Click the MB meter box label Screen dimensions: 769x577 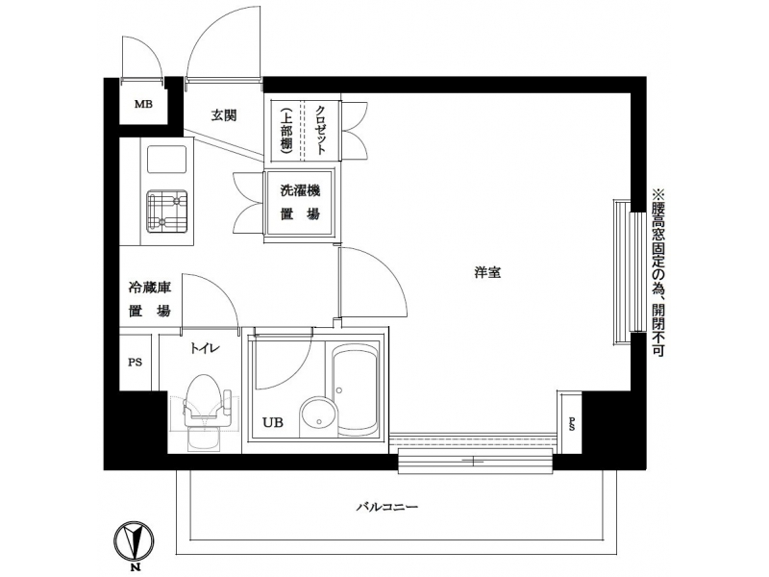click(143, 104)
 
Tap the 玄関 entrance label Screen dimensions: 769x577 click(224, 115)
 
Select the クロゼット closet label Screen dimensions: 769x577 click(321, 130)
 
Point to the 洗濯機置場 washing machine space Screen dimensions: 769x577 click(300, 202)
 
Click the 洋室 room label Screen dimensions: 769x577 click(487, 273)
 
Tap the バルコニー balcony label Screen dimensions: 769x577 click(387, 507)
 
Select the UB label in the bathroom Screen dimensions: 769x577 click(273, 422)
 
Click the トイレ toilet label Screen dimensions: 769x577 click(205, 349)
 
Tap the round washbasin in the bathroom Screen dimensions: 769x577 click(319, 417)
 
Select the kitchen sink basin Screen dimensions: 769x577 click(166, 159)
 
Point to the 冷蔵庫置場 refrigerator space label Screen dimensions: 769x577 click(150, 299)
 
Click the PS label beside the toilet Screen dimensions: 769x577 click(135, 363)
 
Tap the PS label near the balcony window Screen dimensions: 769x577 click(572, 424)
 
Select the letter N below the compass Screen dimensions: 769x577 click(134, 568)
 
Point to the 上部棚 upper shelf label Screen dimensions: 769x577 click(285, 130)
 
